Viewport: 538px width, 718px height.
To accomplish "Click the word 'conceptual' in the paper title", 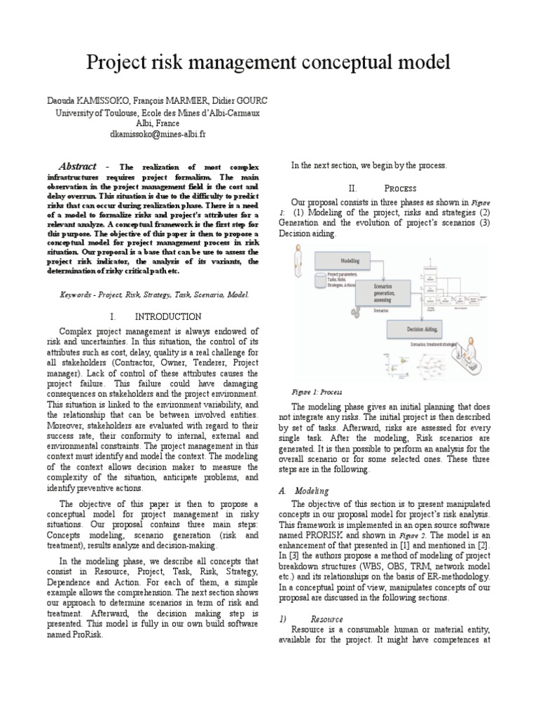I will [x=333, y=63].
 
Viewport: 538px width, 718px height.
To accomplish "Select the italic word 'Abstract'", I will [x=77, y=166].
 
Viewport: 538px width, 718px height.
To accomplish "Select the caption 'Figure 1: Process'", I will [x=317, y=392].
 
